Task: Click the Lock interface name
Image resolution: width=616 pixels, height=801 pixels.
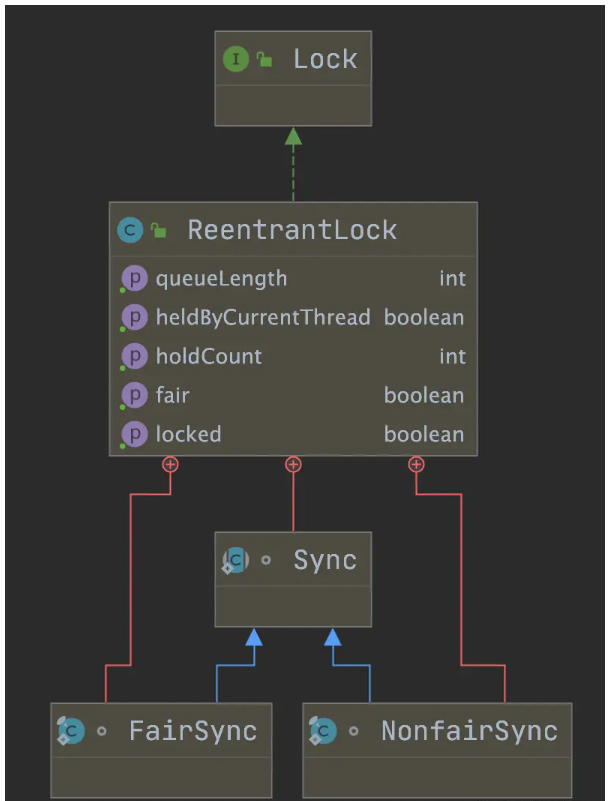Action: coord(324,59)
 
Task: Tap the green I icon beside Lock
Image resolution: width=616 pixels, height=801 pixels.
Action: coord(235,59)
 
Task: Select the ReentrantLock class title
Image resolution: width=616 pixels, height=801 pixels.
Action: coord(292,230)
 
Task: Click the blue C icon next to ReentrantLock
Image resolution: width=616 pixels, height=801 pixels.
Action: coord(130,230)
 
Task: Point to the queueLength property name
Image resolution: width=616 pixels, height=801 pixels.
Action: coord(221,278)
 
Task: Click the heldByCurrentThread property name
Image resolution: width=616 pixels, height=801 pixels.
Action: coord(262,317)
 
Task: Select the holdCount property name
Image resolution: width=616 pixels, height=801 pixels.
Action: coord(208,356)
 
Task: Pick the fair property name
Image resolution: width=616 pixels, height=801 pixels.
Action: coord(172,395)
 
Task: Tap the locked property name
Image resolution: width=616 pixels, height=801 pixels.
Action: coord(188,434)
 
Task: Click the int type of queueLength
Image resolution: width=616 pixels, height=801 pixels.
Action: coord(452,278)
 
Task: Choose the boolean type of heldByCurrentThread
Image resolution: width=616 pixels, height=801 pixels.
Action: coord(424,317)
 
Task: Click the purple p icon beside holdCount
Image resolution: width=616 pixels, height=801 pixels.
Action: coord(134,356)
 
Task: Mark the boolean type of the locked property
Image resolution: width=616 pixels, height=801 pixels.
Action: coord(424,434)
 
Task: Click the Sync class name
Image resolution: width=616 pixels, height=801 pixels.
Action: coord(324,560)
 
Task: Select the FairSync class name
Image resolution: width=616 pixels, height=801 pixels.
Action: coord(192,731)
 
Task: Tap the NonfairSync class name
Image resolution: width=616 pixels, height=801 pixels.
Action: coord(469,731)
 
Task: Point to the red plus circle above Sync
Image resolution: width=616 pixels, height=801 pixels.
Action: coord(293,464)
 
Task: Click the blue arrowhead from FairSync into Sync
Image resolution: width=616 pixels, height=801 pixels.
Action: coord(254,637)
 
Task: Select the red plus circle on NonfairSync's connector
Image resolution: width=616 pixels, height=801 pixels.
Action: coord(416,464)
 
